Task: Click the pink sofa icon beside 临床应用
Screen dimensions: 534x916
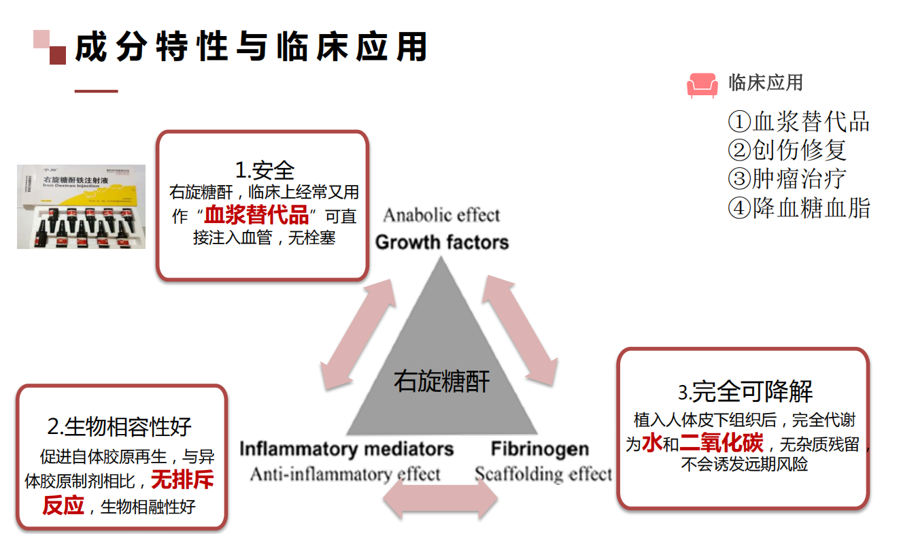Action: coord(702,85)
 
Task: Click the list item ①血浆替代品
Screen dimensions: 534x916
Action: coord(798,122)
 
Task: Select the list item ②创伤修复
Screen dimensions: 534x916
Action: coord(787,150)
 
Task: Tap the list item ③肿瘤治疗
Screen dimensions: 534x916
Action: coord(787,179)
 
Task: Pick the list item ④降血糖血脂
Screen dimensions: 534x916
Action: coord(798,207)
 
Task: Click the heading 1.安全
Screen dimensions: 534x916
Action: coord(265,169)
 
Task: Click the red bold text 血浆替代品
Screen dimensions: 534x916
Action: coord(257,216)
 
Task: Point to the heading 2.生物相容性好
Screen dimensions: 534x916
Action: coord(120,427)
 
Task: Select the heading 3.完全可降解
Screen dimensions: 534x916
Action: coord(745,392)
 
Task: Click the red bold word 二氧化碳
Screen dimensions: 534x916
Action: coord(722,444)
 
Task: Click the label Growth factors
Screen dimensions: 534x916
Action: coord(442,242)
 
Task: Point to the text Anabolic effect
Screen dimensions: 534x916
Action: coord(441,216)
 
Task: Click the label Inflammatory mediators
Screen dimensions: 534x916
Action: coord(346,449)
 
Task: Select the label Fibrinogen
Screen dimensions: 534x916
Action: coord(540,449)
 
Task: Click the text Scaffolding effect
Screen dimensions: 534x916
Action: coord(543,474)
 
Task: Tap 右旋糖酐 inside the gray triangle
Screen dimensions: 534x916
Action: coord(441,381)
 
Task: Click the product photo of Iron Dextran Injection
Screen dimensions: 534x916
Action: coord(81,206)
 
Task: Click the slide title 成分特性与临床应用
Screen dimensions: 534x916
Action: coord(251,48)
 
